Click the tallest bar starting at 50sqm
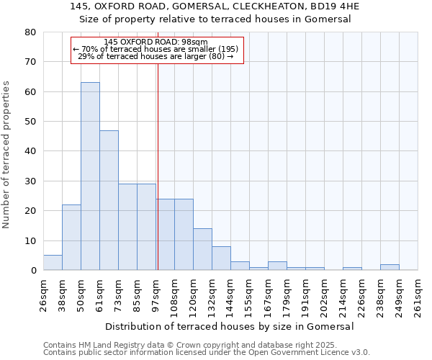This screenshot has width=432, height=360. point(90,176)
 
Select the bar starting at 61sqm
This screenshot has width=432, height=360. point(109,200)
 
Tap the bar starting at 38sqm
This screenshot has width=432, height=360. point(71,238)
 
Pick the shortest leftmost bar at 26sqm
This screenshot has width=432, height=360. point(53,263)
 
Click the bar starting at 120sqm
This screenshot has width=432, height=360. point(202,249)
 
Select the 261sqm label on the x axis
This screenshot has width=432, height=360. point(418,294)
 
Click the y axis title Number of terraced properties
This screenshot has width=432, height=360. point(6,154)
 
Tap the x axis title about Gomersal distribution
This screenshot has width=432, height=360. point(230,326)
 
